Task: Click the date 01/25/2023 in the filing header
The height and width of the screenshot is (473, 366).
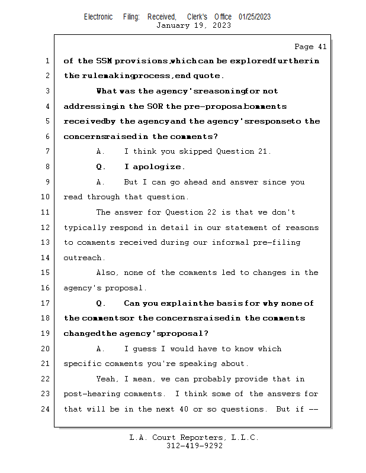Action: (255, 17)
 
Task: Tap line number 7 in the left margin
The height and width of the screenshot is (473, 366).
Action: (47, 151)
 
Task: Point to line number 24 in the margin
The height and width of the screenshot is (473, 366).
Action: (46, 409)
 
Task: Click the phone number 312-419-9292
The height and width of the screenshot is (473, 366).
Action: (194, 446)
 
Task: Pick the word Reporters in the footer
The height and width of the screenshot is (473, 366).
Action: (201, 438)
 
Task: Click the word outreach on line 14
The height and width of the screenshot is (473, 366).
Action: (84, 258)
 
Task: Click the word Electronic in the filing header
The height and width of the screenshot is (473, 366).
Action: (98, 17)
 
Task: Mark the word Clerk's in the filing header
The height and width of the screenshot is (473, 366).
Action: (197, 17)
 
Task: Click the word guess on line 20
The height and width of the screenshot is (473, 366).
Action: (147, 349)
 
